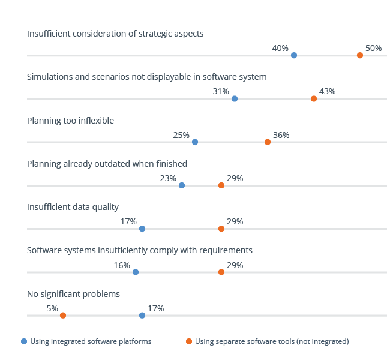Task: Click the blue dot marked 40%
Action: click(x=293, y=55)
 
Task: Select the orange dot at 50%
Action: click(x=360, y=55)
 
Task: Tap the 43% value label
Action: click(x=327, y=92)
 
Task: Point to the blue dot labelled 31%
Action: click(x=235, y=98)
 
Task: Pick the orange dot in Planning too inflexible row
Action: click(x=268, y=142)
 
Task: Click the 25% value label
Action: click(x=181, y=135)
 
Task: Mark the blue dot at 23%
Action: click(x=182, y=185)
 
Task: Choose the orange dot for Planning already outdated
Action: click(x=221, y=185)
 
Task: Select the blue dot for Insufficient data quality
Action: click(x=142, y=229)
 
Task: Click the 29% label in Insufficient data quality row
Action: click(x=235, y=221)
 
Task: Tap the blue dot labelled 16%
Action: click(x=136, y=272)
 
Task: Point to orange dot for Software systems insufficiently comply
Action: click(x=221, y=272)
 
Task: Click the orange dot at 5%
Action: click(x=63, y=316)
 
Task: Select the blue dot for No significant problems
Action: click(x=142, y=316)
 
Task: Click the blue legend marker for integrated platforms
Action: click(x=24, y=341)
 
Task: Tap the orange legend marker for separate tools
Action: click(x=189, y=341)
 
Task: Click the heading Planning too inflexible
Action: click(x=70, y=121)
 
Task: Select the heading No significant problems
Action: click(x=73, y=294)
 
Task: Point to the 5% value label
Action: click(x=52, y=308)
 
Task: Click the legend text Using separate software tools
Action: click(x=271, y=341)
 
